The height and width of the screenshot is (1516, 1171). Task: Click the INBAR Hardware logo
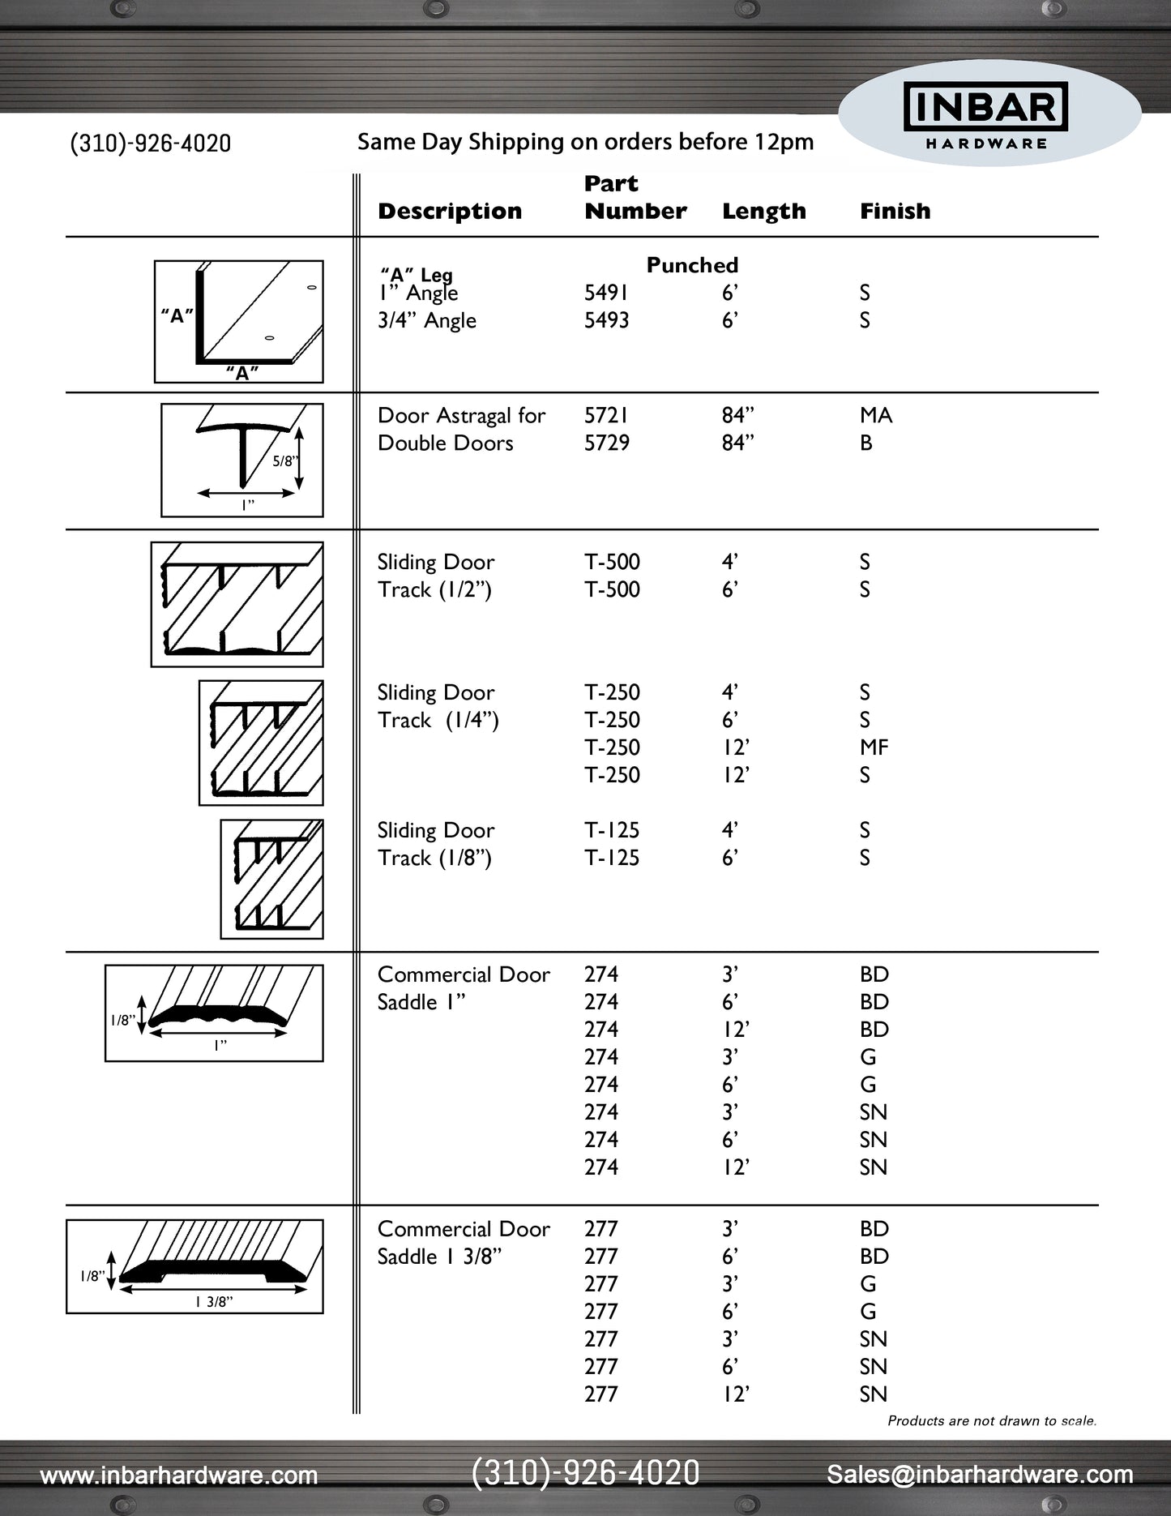986,115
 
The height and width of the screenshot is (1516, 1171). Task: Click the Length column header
763,212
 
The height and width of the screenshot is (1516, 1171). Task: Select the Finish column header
895,212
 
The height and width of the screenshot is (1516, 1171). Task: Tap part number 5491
606,293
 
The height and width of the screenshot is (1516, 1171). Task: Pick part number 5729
606,443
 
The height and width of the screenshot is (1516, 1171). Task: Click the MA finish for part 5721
875,416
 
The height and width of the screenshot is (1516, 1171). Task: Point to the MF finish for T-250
874,747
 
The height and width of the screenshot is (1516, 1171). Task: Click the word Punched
692,265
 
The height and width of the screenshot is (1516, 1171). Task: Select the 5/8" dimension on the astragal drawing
284,461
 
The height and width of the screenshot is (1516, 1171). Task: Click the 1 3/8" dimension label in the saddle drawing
214,1302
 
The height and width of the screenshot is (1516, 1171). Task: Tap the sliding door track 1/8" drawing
272,879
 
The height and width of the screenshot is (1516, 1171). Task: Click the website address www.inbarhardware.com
179,1475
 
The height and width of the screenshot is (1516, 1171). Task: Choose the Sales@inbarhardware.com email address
980,1475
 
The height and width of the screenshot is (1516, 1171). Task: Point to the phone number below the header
151,143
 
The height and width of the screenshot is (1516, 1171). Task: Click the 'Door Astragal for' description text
461,416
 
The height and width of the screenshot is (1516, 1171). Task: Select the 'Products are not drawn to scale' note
991,1420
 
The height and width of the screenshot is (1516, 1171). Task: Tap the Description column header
450,212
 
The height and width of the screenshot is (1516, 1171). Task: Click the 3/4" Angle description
427,321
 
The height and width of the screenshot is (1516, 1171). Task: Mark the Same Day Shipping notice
585,142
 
